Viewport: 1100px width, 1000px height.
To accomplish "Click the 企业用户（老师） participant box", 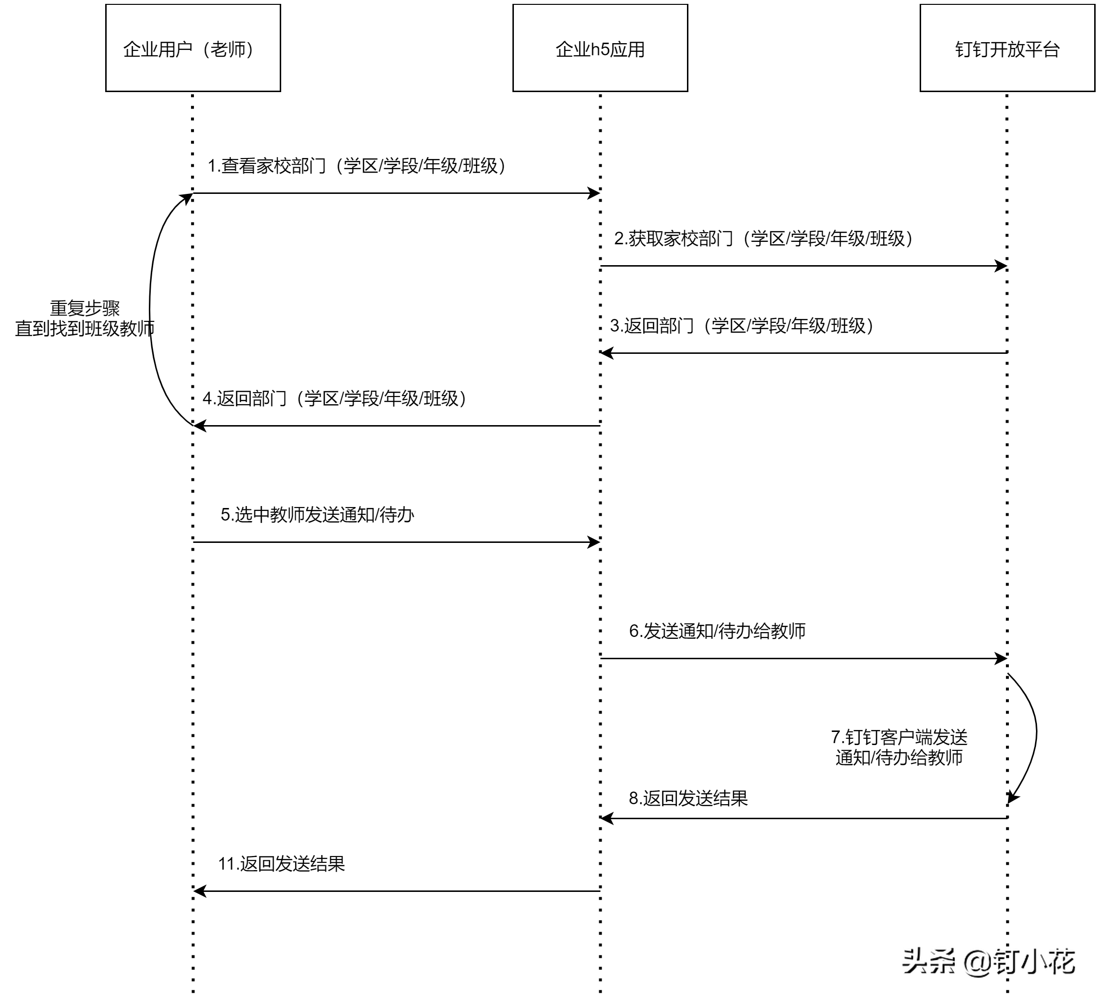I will point(192,48).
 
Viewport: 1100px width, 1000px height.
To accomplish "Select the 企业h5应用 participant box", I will point(600,48).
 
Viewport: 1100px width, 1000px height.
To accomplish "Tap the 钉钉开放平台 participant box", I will point(1007,48).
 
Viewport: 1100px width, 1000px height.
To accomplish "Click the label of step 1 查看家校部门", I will point(356,166).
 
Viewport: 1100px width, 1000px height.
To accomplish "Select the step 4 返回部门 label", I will point(334,398).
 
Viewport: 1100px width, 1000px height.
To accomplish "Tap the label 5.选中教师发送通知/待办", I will point(317,514).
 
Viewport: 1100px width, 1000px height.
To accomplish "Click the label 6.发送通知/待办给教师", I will point(717,631).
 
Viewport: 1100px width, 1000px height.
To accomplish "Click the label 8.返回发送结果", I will point(687,798).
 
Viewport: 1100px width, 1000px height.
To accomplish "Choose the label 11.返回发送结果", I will point(281,864).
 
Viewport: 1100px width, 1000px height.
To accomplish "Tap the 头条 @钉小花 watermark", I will point(988,961).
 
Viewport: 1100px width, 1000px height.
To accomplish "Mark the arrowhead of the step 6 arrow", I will point(1001,658).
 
